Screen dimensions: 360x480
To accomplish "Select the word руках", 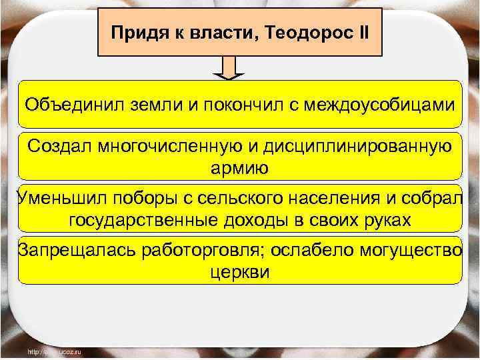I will [x=387, y=220].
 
